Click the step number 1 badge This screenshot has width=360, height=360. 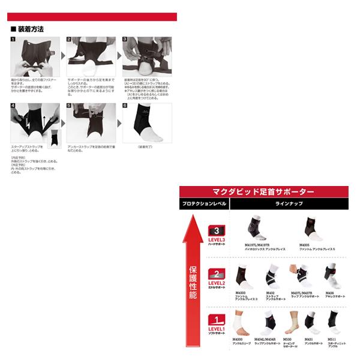tap(14, 40)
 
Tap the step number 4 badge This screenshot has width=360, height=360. tap(14, 106)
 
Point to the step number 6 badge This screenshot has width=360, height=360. tap(125, 106)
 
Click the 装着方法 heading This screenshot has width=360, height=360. tap(29, 29)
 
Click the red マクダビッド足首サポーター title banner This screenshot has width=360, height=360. tap(264, 192)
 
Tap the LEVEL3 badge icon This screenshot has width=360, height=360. tap(215, 231)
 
